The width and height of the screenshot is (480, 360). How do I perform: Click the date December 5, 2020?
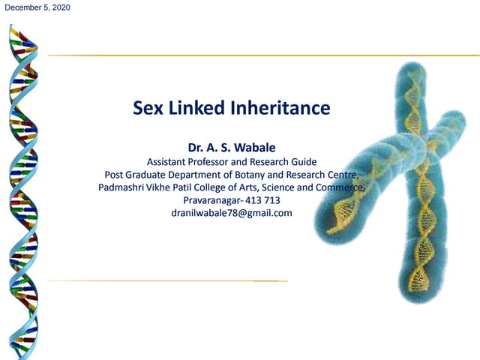pyautogui.click(x=37, y=7)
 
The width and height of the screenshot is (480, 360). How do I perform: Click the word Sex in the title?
pyautogui.click(x=148, y=109)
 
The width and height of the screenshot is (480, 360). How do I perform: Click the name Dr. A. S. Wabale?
pyautogui.click(x=231, y=147)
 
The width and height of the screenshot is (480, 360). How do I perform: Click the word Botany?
pyautogui.click(x=260, y=175)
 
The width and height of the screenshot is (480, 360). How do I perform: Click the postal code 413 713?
pyautogui.click(x=262, y=200)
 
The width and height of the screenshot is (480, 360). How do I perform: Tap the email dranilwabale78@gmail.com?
pyautogui.click(x=231, y=213)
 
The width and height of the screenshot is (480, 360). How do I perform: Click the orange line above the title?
pyautogui.click(x=225, y=55)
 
